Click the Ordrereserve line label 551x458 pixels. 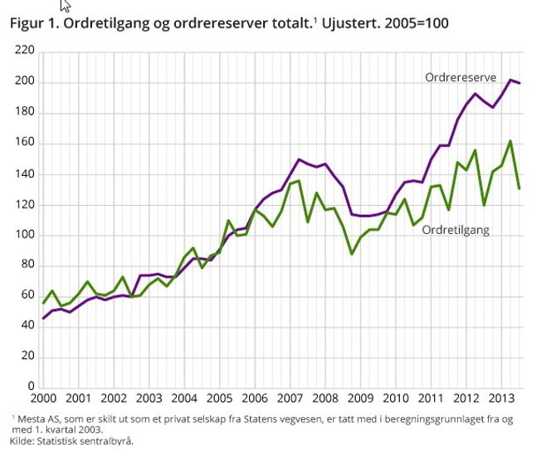[460, 77]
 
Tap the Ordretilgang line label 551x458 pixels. [456, 230]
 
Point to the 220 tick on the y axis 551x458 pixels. [25, 51]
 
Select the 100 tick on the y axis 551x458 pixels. [25, 235]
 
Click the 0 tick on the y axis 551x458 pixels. [31, 387]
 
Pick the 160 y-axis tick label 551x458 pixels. [25, 143]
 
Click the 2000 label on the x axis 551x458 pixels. [43, 398]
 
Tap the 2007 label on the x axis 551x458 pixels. [290, 398]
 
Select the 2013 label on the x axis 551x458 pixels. [500, 398]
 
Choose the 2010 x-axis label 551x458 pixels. [395, 398]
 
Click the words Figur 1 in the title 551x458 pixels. [32, 23]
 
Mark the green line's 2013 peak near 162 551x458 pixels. [510, 141]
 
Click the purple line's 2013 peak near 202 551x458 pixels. [510, 80]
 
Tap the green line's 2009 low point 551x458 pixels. [351, 253]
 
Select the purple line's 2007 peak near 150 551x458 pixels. [299, 159]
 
